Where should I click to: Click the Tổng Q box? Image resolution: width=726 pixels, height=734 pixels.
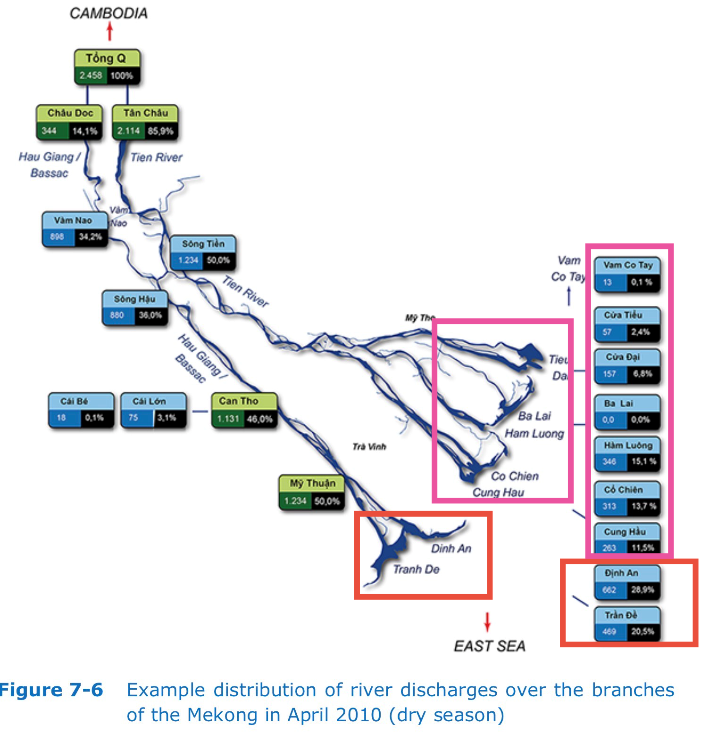click(x=107, y=67)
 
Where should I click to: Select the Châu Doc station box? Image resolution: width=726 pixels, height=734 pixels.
click(x=69, y=122)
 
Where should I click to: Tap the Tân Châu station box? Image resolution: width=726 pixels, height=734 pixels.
click(x=145, y=122)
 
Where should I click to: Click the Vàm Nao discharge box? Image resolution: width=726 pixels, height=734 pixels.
click(x=75, y=229)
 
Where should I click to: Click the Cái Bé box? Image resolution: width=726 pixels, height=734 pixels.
click(x=81, y=410)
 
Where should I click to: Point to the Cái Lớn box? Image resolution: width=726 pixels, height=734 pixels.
click(x=153, y=410)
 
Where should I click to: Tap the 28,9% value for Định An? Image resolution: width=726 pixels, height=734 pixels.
click(x=643, y=590)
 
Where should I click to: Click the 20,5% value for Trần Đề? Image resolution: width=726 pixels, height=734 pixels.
click(x=643, y=631)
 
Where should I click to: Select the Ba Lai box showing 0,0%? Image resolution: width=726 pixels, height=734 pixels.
click(x=626, y=412)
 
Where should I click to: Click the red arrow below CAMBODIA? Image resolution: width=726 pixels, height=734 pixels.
click(x=110, y=32)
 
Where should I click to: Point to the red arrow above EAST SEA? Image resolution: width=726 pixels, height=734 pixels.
click(x=487, y=621)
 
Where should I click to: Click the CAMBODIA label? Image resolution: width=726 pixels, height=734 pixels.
click(x=108, y=13)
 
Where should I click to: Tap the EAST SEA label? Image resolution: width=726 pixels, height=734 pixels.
click(x=489, y=646)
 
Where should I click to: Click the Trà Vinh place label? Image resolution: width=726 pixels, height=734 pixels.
click(x=369, y=446)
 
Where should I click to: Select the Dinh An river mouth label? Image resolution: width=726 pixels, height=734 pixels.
click(x=451, y=548)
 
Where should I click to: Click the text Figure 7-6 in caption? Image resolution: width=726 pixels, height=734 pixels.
click(x=51, y=690)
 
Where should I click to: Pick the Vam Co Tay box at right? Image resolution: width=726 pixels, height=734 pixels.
click(x=627, y=274)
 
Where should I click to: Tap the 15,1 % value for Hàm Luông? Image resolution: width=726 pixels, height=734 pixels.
click(x=643, y=462)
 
